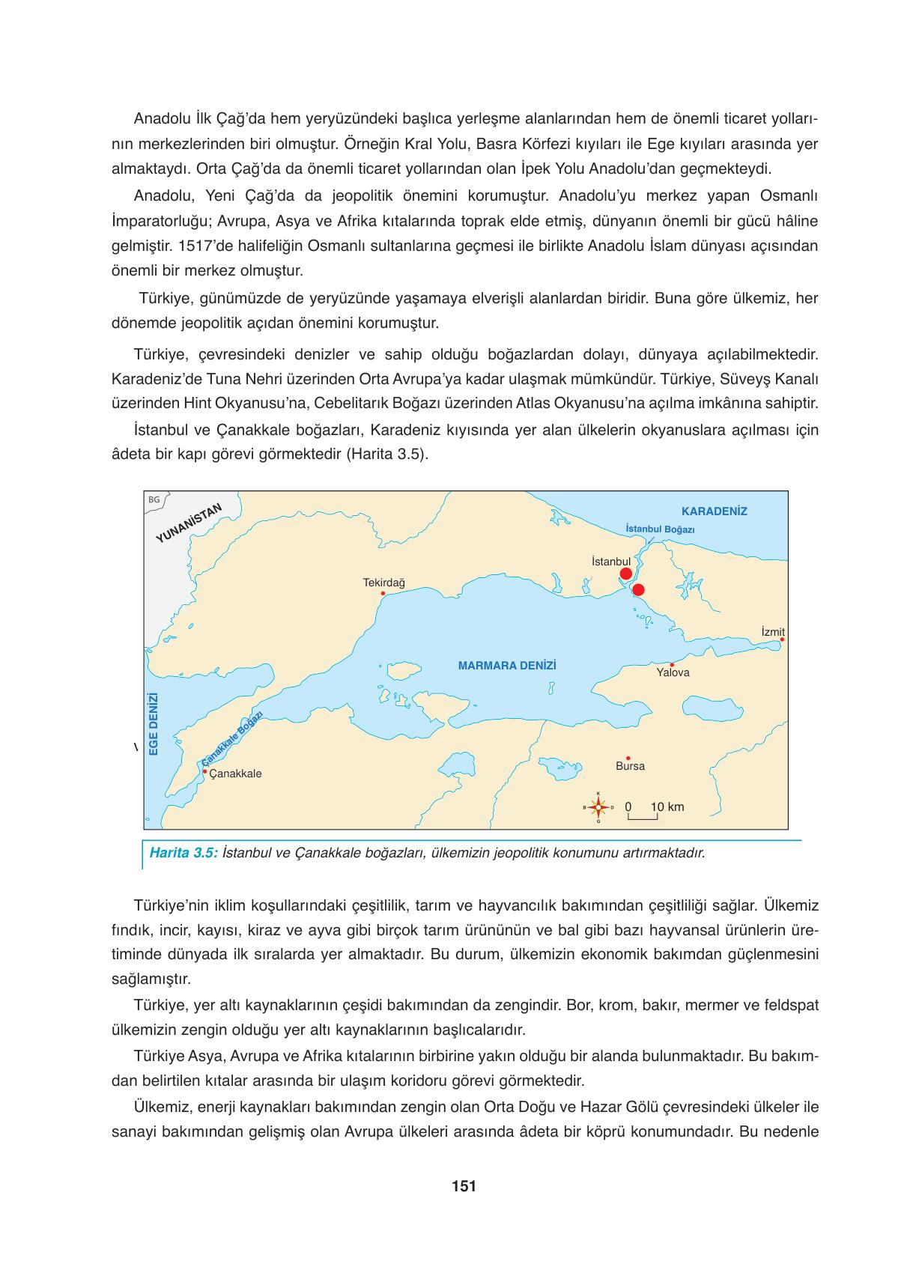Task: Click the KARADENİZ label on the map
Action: (714, 511)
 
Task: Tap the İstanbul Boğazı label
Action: (660, 529)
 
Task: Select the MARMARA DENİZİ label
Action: (507, 665)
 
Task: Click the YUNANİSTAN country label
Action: (189, 523)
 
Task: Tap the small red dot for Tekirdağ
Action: (383, 593)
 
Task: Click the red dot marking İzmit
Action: (782, 639)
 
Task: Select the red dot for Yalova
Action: (672, 664)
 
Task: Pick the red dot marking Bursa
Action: (628, 758)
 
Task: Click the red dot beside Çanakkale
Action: (204, 771)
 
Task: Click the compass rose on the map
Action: (598, 807)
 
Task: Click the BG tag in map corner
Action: (154, 499)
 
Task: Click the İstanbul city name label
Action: (610, 561)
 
